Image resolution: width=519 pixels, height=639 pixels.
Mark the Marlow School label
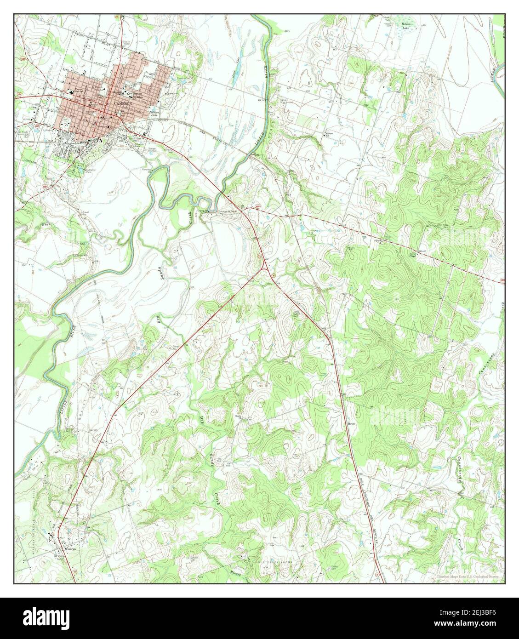[x=328, y=134]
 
